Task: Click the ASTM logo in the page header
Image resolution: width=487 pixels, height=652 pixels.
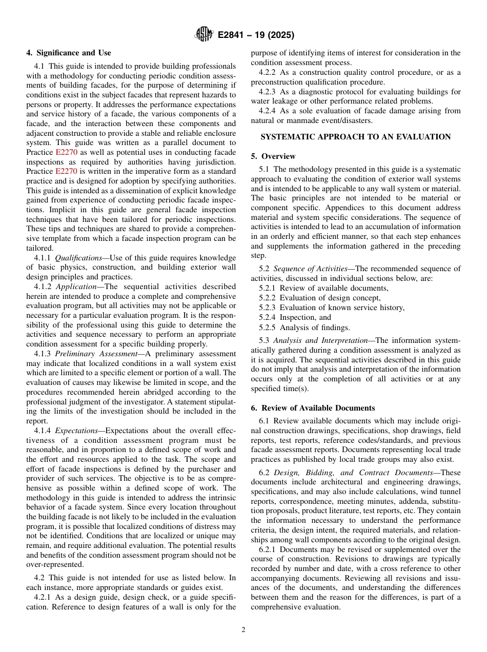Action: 204,35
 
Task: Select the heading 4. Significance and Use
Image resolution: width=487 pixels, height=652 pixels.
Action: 69,53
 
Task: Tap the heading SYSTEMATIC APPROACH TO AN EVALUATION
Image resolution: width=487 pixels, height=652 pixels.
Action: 356,137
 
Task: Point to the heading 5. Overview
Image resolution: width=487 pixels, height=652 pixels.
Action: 273,156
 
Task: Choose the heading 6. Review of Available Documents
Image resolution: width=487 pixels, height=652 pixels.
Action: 313,408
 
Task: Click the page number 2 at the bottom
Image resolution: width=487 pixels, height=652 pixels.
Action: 243,630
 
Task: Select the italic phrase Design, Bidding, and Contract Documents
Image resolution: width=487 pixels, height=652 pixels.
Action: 353,473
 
